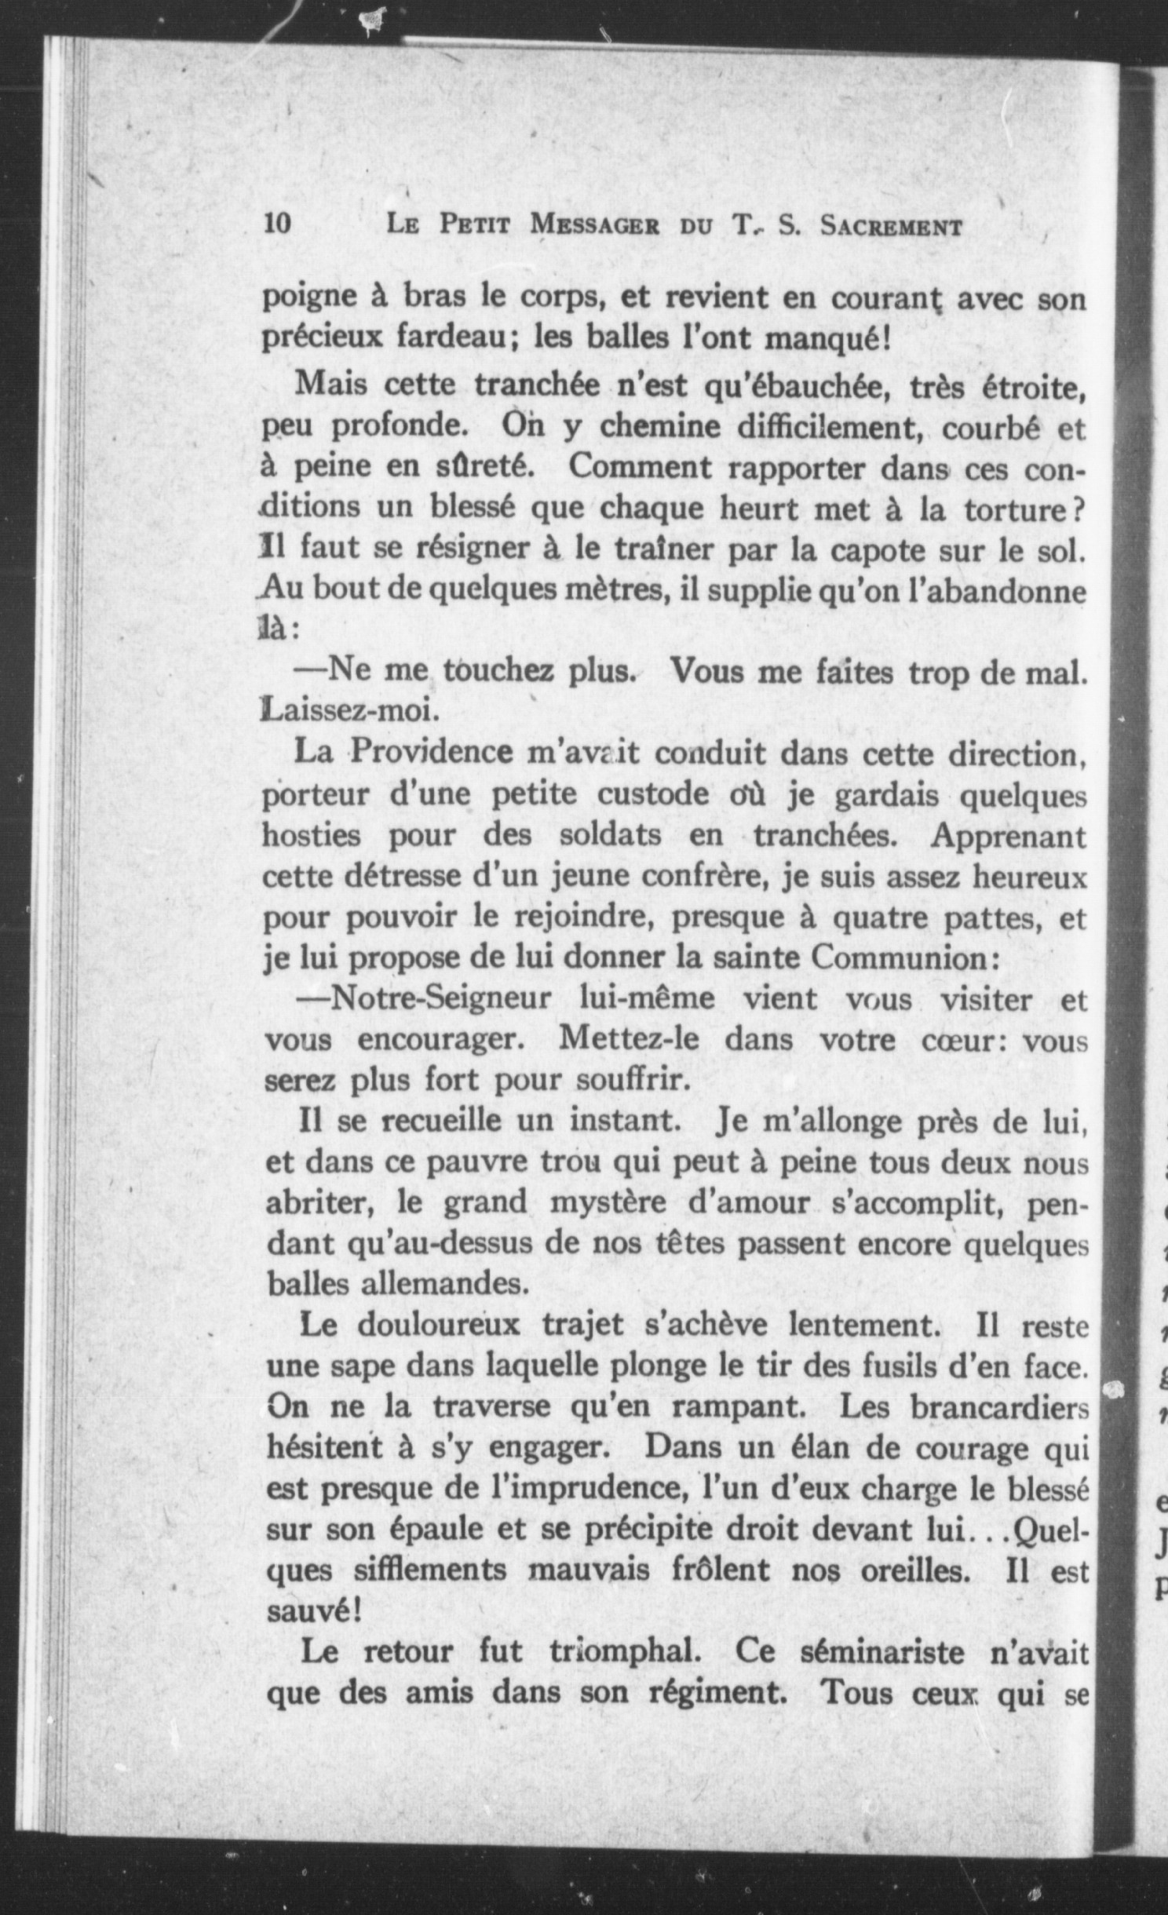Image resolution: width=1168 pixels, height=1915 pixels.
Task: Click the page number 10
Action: point(278,224)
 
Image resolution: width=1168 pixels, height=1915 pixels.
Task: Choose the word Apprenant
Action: point(1009,835)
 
